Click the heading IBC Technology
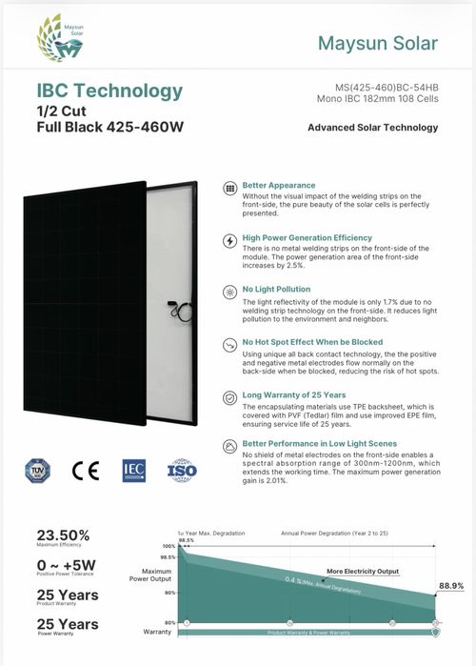point(109,91)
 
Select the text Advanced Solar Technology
point(372,128)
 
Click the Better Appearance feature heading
point(279,185)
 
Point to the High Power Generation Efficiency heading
point(307,237)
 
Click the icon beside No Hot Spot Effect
point(228,343)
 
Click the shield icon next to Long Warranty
point(228,396)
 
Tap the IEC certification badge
point(133,471)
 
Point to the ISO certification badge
point(182,471)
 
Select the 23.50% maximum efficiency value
point(63,535)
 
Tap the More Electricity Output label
point(362,572)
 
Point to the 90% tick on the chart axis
point(171,593)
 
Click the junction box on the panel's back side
point(171,307)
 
